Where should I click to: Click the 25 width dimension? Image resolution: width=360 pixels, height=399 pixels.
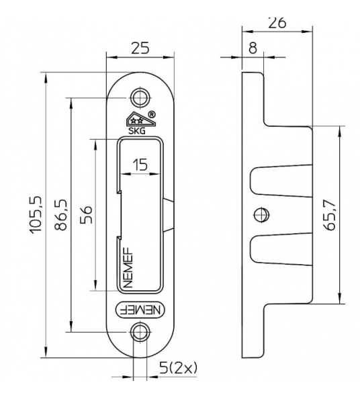point(140,49)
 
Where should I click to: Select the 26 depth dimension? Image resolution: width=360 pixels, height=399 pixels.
point(277,21)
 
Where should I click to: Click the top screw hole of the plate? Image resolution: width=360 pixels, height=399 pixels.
point(140,97)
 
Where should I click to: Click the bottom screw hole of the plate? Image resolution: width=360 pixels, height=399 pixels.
point(140,332)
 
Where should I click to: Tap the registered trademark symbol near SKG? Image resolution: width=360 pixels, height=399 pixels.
point(152,115)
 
